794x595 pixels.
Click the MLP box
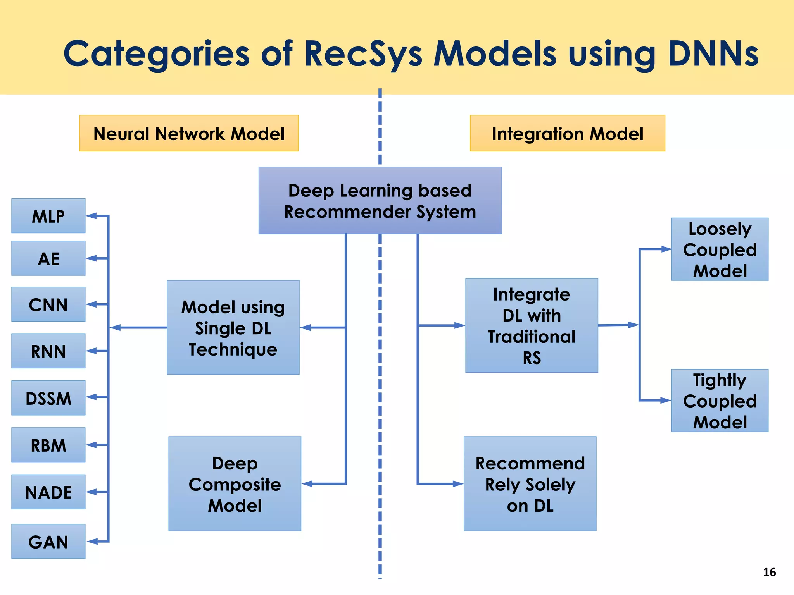point(48,216)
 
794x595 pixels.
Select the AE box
point(48,258)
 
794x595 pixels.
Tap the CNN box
point(48,304)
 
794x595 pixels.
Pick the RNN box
point(48,351)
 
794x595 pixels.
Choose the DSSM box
point(48,398)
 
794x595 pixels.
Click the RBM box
point(48,445)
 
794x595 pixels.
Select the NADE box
point(48,492)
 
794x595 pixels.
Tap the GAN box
point(48,542)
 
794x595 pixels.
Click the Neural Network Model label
point(189,134)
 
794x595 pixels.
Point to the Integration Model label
point(567,134)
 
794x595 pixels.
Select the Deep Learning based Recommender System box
point(380,201)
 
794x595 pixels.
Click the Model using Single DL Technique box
point(233,328)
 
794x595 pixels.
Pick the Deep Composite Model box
point(235,484)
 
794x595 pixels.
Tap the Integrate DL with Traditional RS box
point(532,325)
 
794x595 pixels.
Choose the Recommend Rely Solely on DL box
point(530,484)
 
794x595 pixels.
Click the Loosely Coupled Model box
point(720,249)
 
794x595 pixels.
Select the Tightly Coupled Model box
point(720,401)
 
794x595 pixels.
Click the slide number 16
point(769,572)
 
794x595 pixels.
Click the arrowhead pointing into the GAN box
point(92,542)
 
